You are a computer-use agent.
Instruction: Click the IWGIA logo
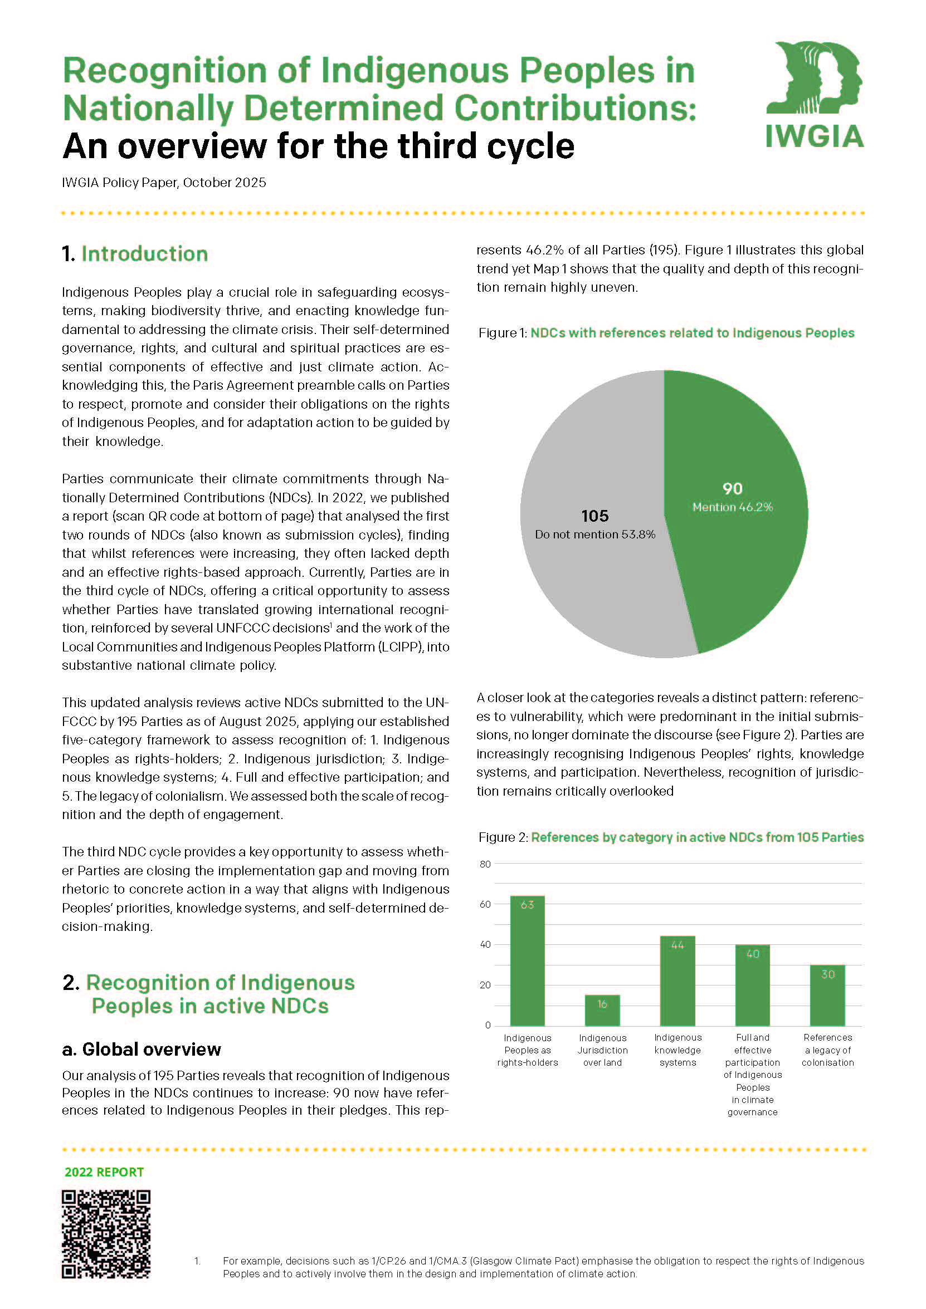(x=814, y=94)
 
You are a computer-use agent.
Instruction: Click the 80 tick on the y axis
(x=485, y=864)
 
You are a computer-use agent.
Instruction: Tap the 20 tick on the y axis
(x=485, y=984)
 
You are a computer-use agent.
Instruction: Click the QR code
(x=106, y=1234)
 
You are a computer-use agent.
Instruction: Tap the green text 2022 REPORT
(x=104, y=1171)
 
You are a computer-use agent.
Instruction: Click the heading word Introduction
(x=144, y=254)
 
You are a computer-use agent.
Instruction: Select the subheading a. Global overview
(x=141, y=1049)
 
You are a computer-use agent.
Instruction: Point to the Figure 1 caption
(x=666, y=333)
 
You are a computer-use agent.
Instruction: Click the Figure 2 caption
(x=670, y=837)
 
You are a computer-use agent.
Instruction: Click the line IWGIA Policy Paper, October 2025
(x=164, y=183)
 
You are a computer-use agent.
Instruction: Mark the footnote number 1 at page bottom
(x=197, y=1261)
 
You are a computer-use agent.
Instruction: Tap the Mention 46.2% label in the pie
(x=733, y=507)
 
